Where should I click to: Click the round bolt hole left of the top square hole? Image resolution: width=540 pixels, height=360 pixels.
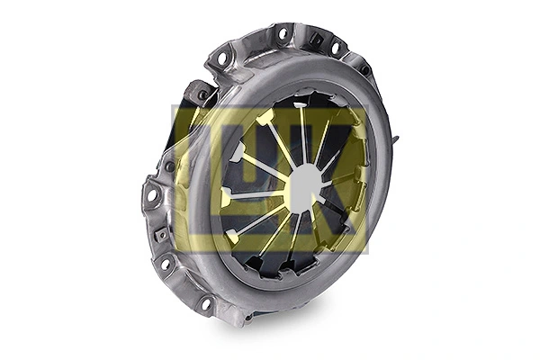[283, 35]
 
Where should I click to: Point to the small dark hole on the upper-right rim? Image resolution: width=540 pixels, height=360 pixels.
[364, 69]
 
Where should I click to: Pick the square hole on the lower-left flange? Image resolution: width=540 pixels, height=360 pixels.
[160, 235]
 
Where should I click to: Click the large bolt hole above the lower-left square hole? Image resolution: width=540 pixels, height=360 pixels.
[152, 194]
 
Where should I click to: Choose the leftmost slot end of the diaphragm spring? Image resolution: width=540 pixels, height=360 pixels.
[225, 197]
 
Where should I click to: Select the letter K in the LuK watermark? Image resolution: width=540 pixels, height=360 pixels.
[337, 180]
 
